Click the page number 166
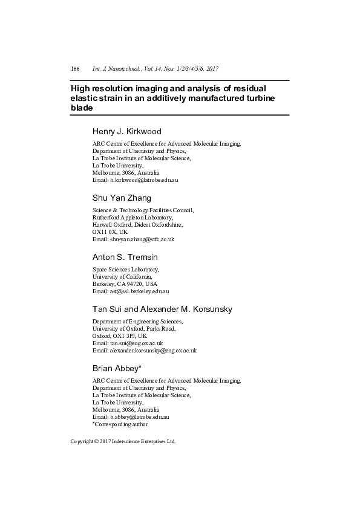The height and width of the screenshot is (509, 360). [76, 69]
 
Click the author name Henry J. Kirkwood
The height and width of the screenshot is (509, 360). [126, 132]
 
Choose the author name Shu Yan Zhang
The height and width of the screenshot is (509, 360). [122, 198]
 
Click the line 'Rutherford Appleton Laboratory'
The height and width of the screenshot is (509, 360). [133, 217]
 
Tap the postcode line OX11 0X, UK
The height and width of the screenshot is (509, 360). [110, 232]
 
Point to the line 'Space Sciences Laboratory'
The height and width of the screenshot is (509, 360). [125, 269]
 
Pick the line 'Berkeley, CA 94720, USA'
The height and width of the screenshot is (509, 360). [125, 284]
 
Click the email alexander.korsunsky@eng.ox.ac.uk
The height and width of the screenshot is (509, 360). [152, 350]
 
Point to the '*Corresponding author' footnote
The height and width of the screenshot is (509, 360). [120, 424]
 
